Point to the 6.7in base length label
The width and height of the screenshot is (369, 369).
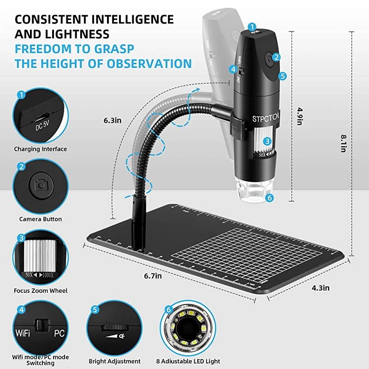[x=153, y=276]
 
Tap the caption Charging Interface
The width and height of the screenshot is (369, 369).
[x=41, y=149]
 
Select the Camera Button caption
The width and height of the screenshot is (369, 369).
[x=41, y=219]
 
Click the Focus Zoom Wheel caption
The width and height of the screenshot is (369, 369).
[x=41, y=291]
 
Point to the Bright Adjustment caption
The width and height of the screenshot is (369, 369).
[x=114, y=361]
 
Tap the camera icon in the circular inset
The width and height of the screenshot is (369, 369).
[x=41, y=185]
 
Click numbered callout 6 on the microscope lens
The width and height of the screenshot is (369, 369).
[x=270, y=197]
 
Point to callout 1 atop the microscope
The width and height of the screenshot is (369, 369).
[x=253, y=26]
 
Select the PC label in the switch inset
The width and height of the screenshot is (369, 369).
[x=59, y=333]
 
